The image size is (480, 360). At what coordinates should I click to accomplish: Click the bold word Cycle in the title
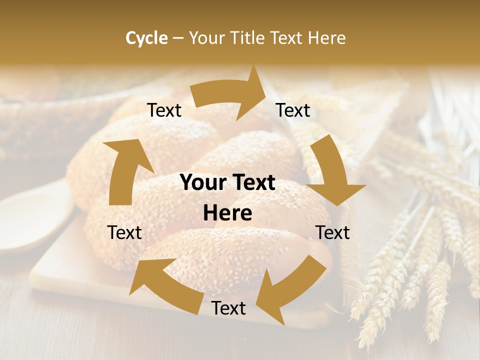tap(146, 38)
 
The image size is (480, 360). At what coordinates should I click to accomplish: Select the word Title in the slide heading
tap(246, 38)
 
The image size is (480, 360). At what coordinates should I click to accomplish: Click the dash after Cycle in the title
tap(178, 38)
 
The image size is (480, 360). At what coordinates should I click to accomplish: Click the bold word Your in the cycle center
tap(201, 183)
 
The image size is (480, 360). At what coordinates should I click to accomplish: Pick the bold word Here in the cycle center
tap(227, 213)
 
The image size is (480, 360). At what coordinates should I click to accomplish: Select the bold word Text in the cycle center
tap(252, 183)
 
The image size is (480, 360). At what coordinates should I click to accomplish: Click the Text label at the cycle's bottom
tap(228, 308)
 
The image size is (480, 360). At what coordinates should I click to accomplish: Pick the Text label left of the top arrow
tap(164, 110)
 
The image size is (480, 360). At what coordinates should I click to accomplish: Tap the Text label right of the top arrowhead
tap(293, 110)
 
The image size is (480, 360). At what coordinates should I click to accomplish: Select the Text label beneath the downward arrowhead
tap(332, 232)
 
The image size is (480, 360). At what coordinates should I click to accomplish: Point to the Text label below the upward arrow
tap(124, 232)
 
